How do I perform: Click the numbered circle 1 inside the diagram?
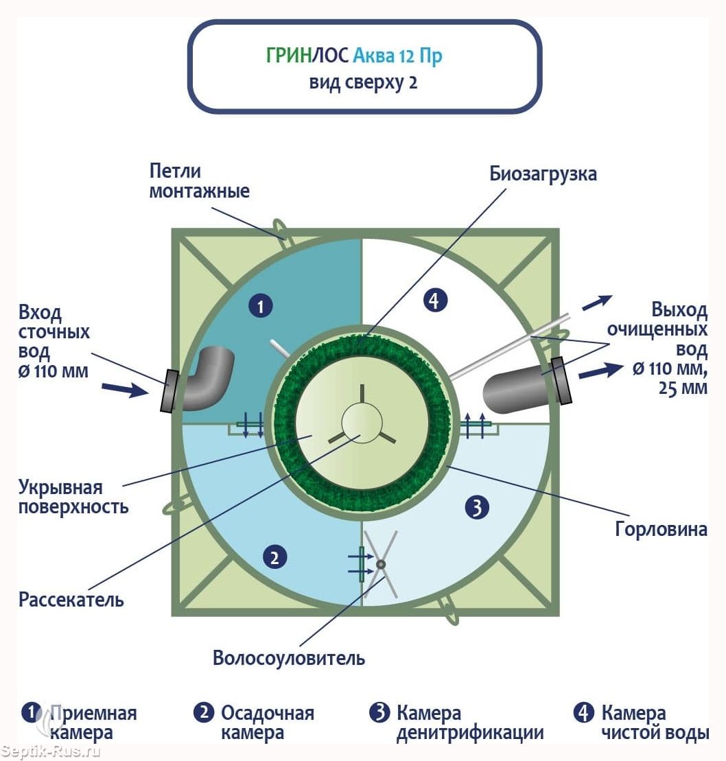pyautogui.click(x=261, y=307)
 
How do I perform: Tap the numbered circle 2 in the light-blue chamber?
pyautogui.click(x=274, y=557)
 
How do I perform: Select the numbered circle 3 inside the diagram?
pyautogui.click(x=476, y=508)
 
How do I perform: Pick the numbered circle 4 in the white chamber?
pyautogui.click(x=435, y=301)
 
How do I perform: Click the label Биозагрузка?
pyautogui.click(x=543, y=174)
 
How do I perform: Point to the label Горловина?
pyautogui.click(x=661, y=529)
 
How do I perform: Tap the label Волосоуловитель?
pyautogui.click(x=289, y=658)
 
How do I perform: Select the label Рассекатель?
pyautogui.click(x=71, y=600)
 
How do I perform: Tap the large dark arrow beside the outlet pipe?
pyautogui.click(x=601, y=371)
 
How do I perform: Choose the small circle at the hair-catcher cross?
pyautogui.click(x=381, y=565)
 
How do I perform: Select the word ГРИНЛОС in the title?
pyautogui.click(x=307, y=56)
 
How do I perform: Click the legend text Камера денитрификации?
pyautogui.click(x=470, y=723)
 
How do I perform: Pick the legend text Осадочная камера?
pyautogui.click(x=268, y=723)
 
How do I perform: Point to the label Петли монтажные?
pyautogui.click(x=199, y=181)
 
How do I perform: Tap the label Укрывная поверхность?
pyautogui.click(x=73, y=497)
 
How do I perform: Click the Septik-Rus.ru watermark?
pyautogui.click(x=51, y=751)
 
